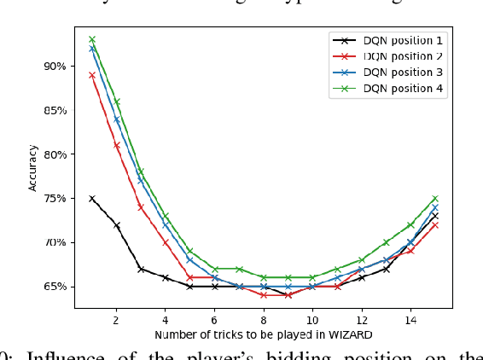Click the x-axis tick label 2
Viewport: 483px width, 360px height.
116,319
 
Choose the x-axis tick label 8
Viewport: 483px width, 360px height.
264,319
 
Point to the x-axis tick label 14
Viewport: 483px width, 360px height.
410,319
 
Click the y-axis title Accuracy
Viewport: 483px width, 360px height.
33,167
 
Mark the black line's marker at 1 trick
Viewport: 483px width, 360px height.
92,198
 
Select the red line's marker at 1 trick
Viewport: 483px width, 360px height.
92,75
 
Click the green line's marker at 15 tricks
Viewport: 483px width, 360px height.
435,198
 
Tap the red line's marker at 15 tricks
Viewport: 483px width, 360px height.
435,224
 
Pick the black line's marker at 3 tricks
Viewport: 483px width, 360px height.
141,269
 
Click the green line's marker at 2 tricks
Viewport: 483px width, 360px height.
117,101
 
